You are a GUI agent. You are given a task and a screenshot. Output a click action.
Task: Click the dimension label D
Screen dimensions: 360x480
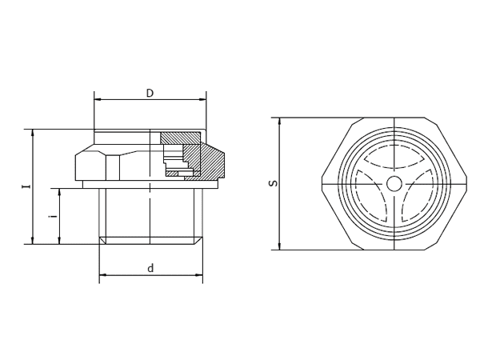pyautogui.click(x=150, y=94)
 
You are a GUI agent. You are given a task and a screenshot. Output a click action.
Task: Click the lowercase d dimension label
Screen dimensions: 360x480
pyautogui.click(x=150, y=269)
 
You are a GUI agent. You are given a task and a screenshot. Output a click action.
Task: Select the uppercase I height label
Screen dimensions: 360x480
pyautogui.click(x=26, y=186)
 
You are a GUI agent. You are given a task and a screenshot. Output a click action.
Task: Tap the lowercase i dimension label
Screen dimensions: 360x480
pyautogui.click(x=53, y=216)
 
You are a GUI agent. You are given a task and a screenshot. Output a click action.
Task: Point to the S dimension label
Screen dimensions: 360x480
pyautogui.click(x=273, y=183)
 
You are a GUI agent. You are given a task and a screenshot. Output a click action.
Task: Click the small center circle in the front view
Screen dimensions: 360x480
pyautogui.click(x=394, y=184)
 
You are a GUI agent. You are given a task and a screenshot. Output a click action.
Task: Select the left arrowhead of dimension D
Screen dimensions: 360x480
pyautogui.click(x=98, y=100)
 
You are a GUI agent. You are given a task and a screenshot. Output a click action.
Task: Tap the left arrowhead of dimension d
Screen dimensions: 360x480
pyautogui.click(x=102, y=275)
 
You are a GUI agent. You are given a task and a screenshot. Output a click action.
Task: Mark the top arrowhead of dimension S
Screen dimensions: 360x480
pyautogui.click(x=279, y=121)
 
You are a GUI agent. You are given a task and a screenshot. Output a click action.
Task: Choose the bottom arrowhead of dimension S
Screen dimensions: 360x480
pyautogui.click(x=279, y=246)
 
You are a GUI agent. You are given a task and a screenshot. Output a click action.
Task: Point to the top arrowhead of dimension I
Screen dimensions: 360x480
pyautogui.click(x=33, y=132)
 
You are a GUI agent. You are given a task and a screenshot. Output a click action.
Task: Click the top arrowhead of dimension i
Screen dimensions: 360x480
pyautogui.click(x=60, y=192)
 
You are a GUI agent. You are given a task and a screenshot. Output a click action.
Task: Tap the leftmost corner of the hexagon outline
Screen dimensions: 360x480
pyautogui.click(x=322, y=184)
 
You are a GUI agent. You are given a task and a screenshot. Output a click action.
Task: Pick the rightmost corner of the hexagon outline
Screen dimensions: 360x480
pyautogui.click(x=466, y=184)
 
